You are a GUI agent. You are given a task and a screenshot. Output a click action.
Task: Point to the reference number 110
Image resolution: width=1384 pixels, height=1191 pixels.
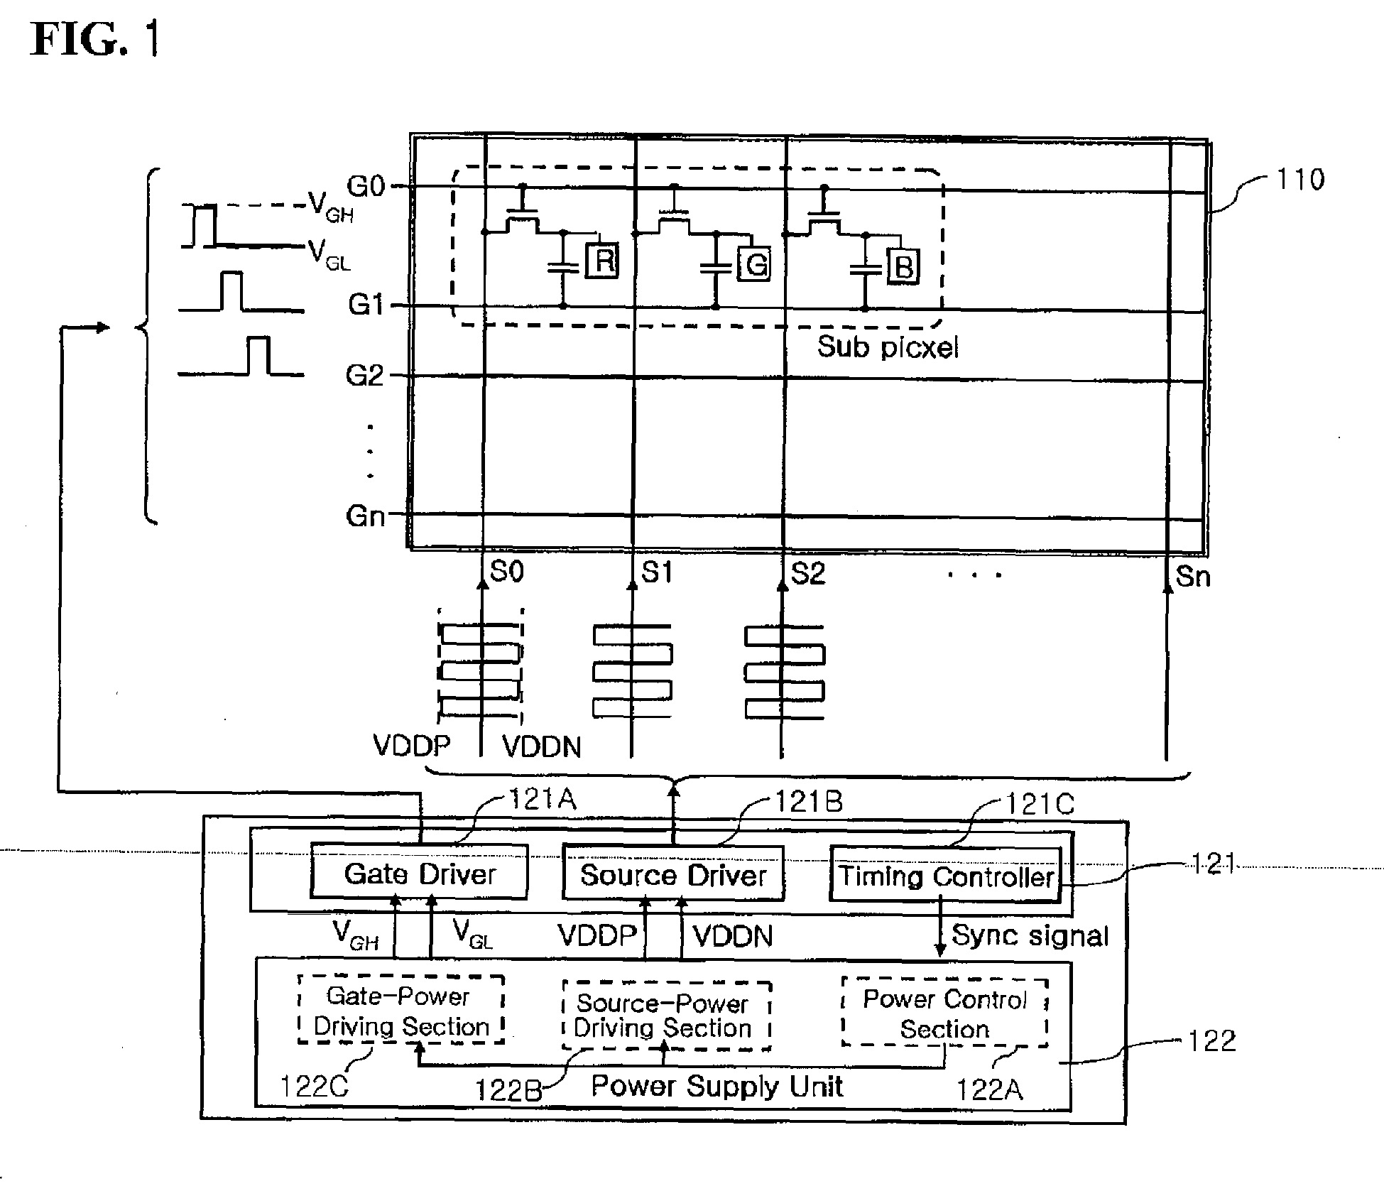pyautogui.click(x=1300, y=180)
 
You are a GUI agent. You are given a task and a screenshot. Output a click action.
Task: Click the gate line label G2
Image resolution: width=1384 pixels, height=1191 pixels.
pyautogui.click(x=364, y=375)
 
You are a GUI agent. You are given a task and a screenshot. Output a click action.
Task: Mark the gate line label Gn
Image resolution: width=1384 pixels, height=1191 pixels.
pyautogui.click(x=365, y=516)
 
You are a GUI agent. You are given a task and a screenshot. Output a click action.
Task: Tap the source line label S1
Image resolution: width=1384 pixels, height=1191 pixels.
pyautogui.click(x=657, y=572)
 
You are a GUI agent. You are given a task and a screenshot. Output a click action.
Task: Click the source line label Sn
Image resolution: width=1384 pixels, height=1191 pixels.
pyautogui.click(x=1193, y=577)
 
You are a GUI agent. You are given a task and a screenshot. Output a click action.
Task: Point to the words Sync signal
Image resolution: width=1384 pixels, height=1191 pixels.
pyautogui.click(x=1030, y=936)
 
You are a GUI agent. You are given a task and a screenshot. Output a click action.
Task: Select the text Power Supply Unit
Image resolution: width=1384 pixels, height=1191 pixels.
pyautogui.click(x=717, y=1086)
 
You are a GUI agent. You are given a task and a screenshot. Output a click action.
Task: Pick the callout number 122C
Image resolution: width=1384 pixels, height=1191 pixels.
pyautogui.click(x=314, y=1087)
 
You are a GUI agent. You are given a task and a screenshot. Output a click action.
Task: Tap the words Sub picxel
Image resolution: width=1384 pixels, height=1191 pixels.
pyautogui.click(x=888, y=347)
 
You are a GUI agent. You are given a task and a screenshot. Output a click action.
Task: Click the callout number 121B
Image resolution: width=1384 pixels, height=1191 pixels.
pyautogui.click(x=809, y=802)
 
